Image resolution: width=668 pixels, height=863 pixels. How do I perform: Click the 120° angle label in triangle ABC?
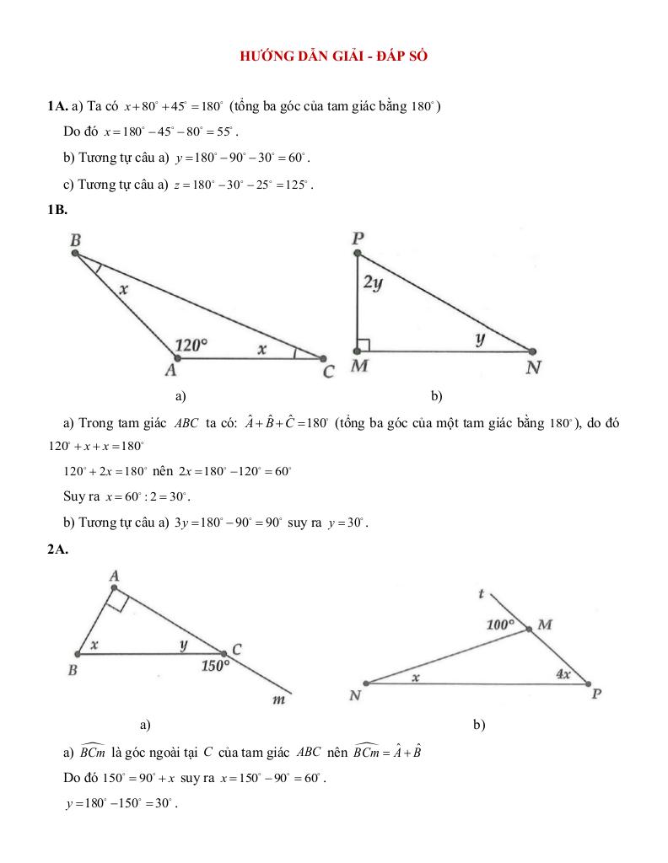(x=191, y=345)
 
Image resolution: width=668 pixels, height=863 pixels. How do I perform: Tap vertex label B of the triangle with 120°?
(x=75, y=240)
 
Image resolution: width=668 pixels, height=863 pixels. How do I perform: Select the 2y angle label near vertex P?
(x=373, y=283)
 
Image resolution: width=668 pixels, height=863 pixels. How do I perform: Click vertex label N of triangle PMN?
(x=533, y=367)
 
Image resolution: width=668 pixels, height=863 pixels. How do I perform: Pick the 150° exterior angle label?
(x=215, y=666)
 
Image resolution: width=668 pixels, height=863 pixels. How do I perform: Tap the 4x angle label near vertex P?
(x=563, y=674)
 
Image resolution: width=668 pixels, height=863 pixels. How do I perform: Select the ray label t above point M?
(x=481, y=593)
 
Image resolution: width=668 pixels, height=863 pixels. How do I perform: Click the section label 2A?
(x=57, y=549)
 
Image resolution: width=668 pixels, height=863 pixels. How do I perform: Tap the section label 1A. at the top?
(x=58, y=106)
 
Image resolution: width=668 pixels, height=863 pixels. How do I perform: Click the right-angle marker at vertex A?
(x=118, y=600)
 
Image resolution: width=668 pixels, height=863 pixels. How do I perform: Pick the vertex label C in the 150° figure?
(x=237, y=649)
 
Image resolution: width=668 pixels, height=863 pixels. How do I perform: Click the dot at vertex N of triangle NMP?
(x=365, y=683)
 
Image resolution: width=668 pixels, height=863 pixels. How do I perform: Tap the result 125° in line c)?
(x=296, y=185)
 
